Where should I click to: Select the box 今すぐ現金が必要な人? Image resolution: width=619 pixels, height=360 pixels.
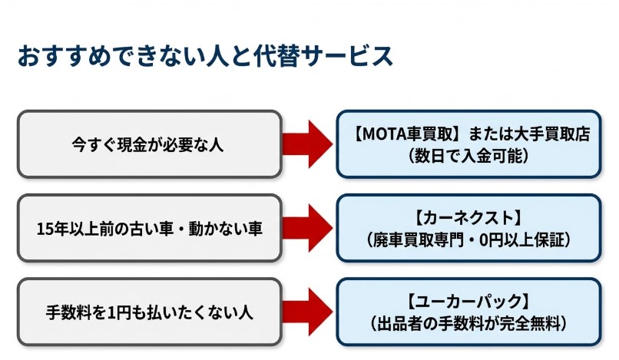[x=149, y=144]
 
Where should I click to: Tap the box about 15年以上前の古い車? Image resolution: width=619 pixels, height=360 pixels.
[x=149, y=228]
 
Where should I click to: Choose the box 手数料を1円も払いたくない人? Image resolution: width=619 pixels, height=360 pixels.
[x=149, y=312]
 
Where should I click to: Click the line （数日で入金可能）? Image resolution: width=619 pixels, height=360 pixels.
[x=468, y=155]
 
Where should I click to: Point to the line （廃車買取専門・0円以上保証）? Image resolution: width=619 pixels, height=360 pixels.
[x=468, y=239]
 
